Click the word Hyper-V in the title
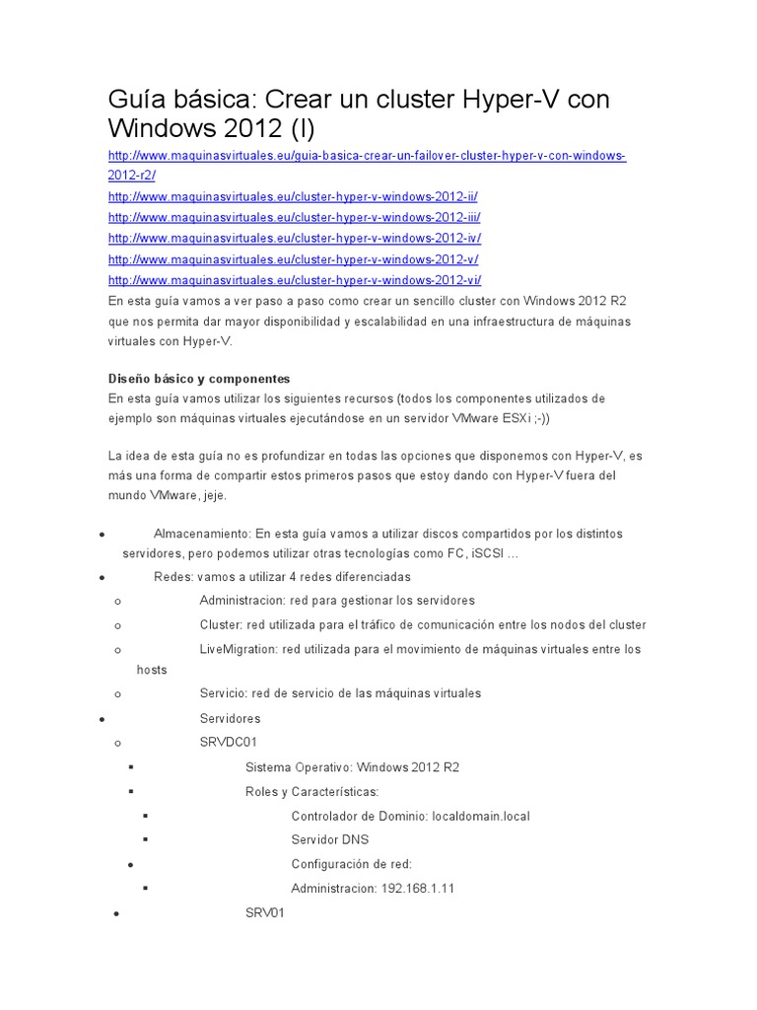point(514,99)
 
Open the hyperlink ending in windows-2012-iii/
point(294,218)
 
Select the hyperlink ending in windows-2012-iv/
point(294,239)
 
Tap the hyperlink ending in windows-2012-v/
point(293,259)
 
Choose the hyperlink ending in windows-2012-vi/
point(294,280)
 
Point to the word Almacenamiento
point(202,534)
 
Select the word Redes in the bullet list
point(173,577)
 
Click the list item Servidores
point(230,719)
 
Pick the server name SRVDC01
point(228,742)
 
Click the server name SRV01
point(264,914)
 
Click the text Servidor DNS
point(329,840)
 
